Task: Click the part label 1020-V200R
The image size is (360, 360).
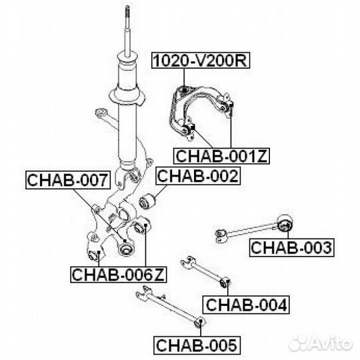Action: [x=201, y=61]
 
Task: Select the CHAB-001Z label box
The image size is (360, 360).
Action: [x=221, y=156]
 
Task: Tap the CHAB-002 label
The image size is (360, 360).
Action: [x=198, y=176]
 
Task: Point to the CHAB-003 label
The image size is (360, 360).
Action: [x=291, y=248]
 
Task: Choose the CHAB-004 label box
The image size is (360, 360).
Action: [x=246, y=305]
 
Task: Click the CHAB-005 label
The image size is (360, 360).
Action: [x=197, y=345]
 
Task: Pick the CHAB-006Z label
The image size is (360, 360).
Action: [x=118, y=275]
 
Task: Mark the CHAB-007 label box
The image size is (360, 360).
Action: [x=68, y=180]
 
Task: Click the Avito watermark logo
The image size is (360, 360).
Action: [x=321, y=344]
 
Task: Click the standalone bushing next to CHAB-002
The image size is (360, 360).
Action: [x=147, y=201]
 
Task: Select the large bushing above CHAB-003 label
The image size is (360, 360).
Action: [x=285, y=223]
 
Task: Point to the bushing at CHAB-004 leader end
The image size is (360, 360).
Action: [x=225, y=283]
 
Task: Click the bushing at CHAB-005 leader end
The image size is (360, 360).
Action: [x=199, y=322]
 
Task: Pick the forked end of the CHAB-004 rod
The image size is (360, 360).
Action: [x=188, y=262]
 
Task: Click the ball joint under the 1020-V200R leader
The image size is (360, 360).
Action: [x=184, y=90]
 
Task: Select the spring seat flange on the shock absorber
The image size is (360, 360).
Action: [x=127, y=97]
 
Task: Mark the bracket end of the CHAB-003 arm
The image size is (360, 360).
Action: [x=221, y=235]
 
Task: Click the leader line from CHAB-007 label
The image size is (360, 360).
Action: [x=99, y=215]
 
